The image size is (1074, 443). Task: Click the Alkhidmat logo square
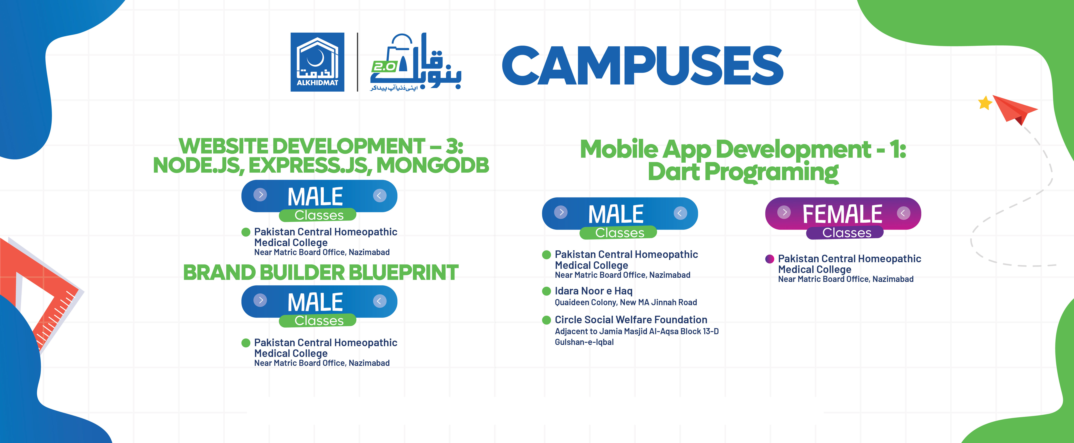coord(317,62)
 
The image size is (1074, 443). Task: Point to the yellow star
coord(985,103)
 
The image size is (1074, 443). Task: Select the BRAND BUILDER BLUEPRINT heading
coord(321,273)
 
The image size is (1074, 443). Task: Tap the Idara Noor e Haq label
coord(593,291)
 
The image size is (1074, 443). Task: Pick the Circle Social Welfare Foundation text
coord(631,320)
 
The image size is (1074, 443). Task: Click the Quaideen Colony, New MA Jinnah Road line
coord(625,302)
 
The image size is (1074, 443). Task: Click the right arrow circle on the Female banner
coord(903,213)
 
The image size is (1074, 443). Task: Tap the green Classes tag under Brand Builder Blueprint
coord(319,320)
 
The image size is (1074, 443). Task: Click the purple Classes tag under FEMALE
coord(846,233)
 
